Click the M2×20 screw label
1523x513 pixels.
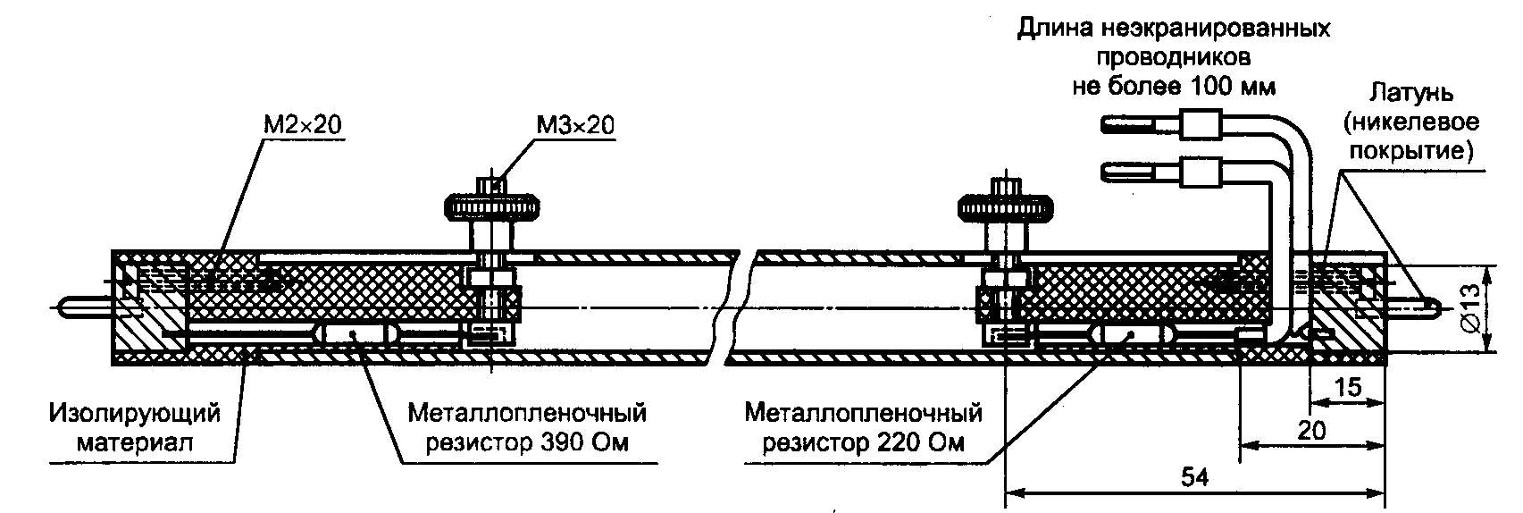[302, 124]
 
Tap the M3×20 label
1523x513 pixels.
[574, 124]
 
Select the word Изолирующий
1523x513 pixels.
[135, 414]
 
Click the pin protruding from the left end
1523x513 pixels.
[82, 307]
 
